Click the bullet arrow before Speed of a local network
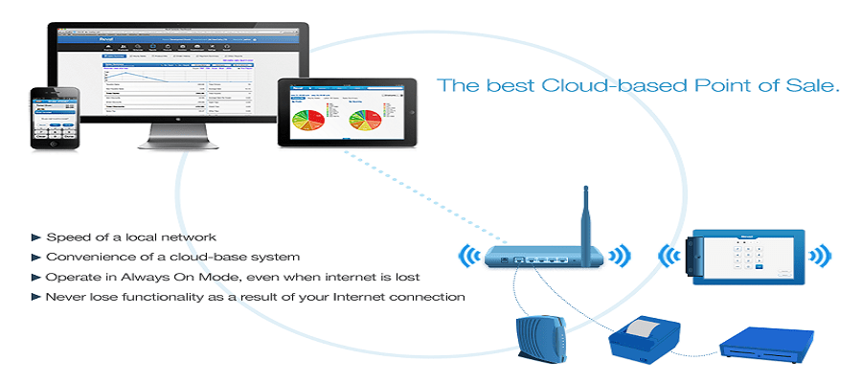36,237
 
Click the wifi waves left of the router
469,256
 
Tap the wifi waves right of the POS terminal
819,256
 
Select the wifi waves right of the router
621,256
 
